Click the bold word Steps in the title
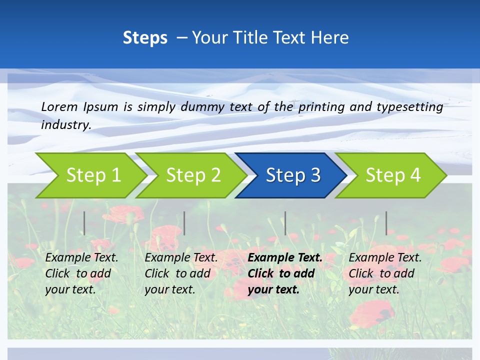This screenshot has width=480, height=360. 145,38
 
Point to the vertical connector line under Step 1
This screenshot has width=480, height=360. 84,223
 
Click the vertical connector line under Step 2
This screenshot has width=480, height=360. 184,223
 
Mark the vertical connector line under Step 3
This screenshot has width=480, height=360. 285,223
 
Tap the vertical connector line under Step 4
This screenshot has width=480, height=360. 386,223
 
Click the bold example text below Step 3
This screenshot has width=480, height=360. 284,273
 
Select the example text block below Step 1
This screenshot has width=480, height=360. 81,273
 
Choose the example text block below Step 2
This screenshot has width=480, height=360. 181,273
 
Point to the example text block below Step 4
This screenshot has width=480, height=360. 385,273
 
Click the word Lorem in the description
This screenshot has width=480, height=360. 59,107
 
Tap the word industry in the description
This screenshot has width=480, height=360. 65,125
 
